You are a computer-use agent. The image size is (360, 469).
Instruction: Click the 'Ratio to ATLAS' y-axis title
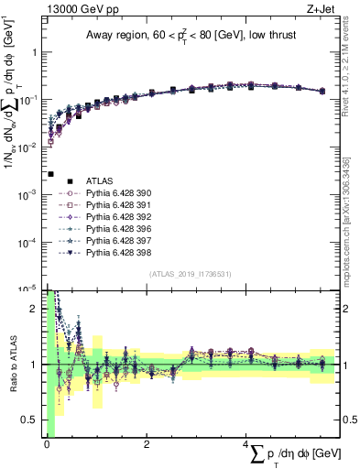click(x=12, y=365)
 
